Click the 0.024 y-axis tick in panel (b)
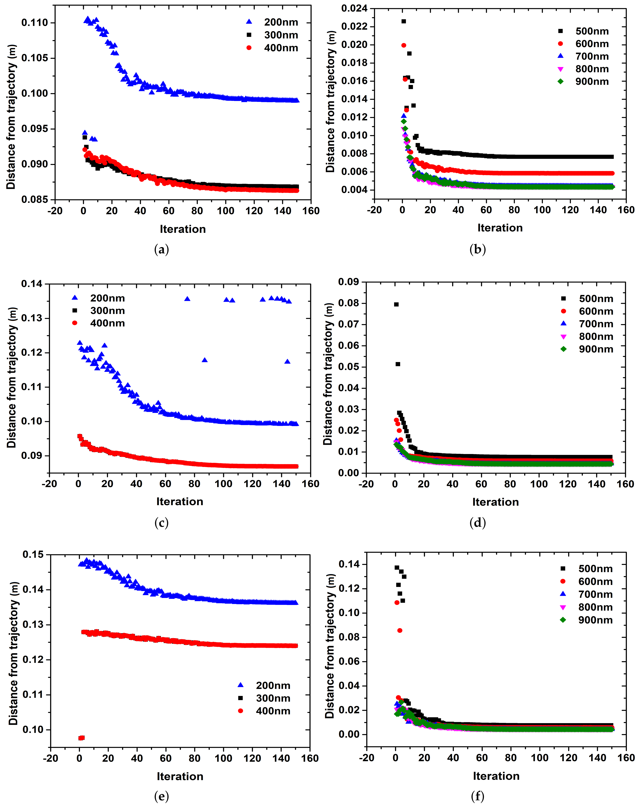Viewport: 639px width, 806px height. pyautogui.click(x=354, y=8)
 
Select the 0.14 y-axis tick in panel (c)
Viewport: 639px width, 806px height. pyautogui.click(x=32, y=284)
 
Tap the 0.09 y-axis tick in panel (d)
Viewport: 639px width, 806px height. pyautogui.click(x=348, y=282)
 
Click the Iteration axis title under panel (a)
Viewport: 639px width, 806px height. pyautogui.click(x=183, y=229)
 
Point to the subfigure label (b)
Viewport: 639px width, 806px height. pyautogui.click(x=477, y=249)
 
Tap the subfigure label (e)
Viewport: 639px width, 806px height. pyautogui.click(x=161, y=797)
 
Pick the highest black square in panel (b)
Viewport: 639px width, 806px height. pyautogui.click(x=404, y=21)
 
